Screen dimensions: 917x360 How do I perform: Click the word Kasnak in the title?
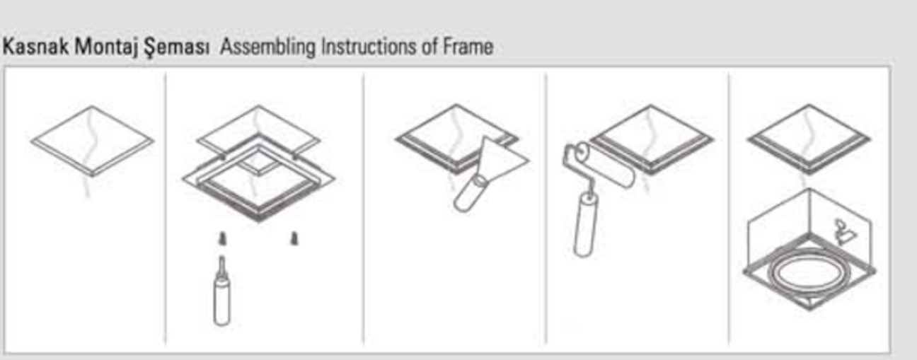pos(35,46)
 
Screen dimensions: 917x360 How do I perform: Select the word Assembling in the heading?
pos(267,47)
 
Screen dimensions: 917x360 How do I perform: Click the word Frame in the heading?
pos(468,46)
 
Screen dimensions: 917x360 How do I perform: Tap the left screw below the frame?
pos(222,238)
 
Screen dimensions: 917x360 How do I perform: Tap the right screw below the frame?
pos(294,238)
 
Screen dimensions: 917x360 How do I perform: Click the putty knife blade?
pos(502,158)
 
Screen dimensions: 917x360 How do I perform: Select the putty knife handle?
pos(471,194)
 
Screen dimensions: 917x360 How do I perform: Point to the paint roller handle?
pos(586,225)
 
